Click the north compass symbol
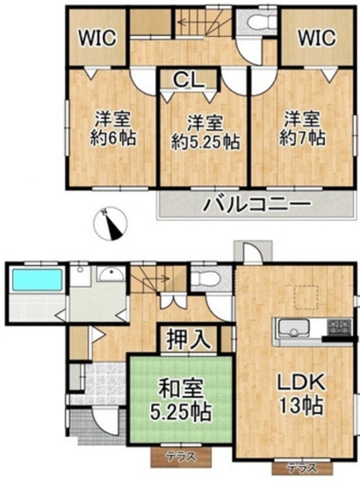point(110,224)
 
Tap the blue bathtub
point(37,280)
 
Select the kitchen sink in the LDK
point(293,328)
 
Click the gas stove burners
point(339,327)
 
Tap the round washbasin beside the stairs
point(111,275)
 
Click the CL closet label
point(189,80)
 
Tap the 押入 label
point(188,339)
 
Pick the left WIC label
point(97,38)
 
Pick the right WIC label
point(317,38)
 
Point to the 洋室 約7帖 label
point(302,128)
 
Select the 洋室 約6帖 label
point(112,128)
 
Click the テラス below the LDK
point(302,468)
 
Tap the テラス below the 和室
point(181,457)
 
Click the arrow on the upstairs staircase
point(198,23)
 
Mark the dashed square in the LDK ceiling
point(306,297)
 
